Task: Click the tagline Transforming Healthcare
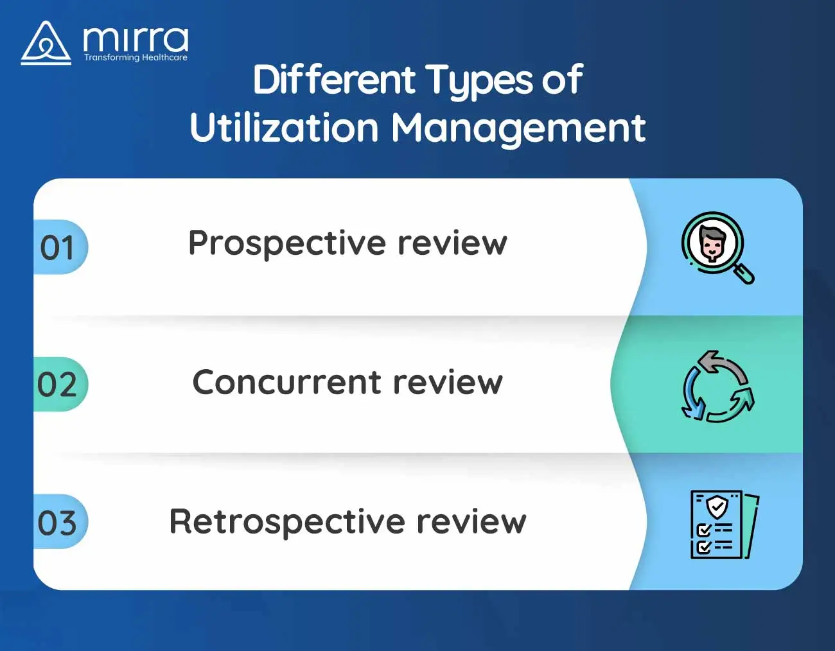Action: (x=136, y=58)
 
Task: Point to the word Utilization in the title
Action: (x=285, y=128)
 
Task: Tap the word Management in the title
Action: (x=518, y=130)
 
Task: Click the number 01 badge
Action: (x=60, y=247)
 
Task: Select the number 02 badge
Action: (x=60, y=384)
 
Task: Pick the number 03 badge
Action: (x=60, y=521)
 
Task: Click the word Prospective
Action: (x=287, y=245)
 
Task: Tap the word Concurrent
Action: (x=286, y=383)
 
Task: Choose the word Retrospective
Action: (x=287, y=523)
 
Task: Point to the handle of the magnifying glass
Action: (x=744, y=274)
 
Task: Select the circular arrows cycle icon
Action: (x=718, y=386)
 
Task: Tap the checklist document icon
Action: (x=725, y=525)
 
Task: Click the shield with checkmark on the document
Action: (x=717, y=507)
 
